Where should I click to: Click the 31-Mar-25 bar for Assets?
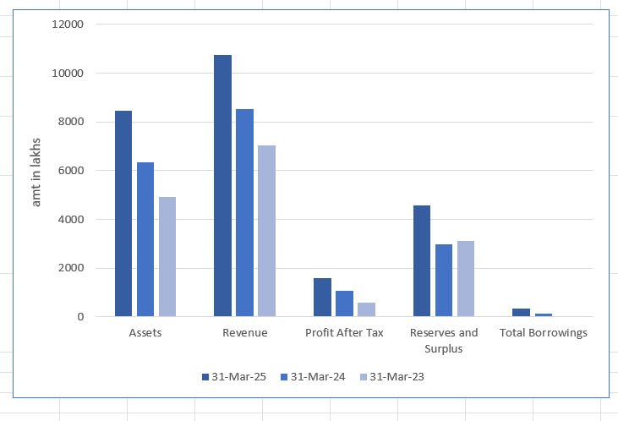click(123, 214)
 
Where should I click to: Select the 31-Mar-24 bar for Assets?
click(145, 239)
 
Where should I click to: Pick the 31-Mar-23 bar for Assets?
click(167, 257)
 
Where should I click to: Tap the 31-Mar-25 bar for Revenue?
click(222, 186)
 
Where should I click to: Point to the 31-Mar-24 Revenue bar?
click(244, 213)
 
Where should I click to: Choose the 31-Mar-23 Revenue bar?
click(266, 231)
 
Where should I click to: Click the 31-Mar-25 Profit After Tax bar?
click(322, 298)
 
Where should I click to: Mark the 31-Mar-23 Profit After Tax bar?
click(366, 309)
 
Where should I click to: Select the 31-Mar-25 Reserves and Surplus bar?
click(421, 261)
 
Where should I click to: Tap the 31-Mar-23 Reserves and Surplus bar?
click(465, 279)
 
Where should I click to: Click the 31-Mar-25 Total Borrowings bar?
click(521, 313)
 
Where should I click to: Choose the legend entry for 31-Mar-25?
click(234, 377)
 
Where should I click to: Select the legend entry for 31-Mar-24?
click(314, 377)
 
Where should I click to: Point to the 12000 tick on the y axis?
click(67, 24)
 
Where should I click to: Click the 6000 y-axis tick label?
click(70, 171)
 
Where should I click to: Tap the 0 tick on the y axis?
click(80, 317)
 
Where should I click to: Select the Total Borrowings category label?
click(544, 333)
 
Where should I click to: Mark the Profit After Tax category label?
click(344, 333)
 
